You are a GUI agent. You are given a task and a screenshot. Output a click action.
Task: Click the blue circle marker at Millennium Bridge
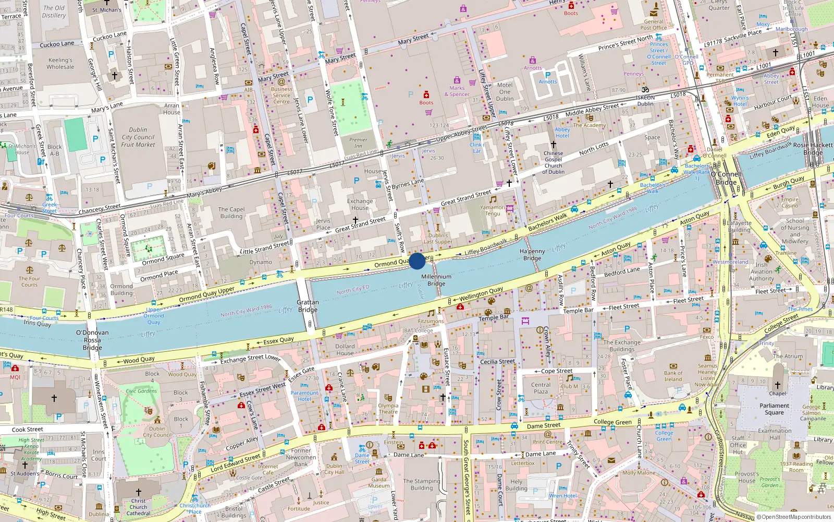tap(417, 261)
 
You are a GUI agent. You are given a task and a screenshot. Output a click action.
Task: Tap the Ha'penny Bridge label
tap(532, 255)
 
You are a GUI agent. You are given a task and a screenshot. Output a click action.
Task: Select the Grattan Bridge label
tap(308, 306)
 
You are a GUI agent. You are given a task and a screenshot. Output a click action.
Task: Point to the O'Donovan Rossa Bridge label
tap(92, 340)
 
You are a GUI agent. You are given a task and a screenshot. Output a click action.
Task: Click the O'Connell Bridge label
tap(726, 178)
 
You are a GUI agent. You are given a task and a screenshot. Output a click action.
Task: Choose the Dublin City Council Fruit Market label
tap(138, 137)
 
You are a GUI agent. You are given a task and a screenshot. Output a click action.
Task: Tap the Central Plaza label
tap(541, 388)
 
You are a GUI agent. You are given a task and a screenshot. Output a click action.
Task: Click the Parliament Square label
tap(774, 409)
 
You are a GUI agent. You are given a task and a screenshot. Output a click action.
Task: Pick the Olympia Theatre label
tap(388, 409)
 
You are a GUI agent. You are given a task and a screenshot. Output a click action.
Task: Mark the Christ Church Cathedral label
tap(138, 507)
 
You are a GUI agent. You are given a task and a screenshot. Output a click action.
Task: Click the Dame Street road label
tap(544, 425)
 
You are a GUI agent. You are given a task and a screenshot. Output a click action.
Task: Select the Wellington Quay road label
tap(481, 294)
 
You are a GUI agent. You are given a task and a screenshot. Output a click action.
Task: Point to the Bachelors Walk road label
tap(547, 222)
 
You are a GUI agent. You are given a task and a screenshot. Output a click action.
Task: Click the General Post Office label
tap(654, 25)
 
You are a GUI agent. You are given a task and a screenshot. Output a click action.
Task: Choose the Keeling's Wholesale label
tap(60, 63)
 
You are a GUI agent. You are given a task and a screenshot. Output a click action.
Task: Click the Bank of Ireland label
tap(673, 376)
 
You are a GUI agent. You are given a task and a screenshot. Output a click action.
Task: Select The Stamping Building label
tap(421, 484)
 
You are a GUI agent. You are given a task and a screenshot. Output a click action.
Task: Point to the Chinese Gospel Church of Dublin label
tap(553, 162)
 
